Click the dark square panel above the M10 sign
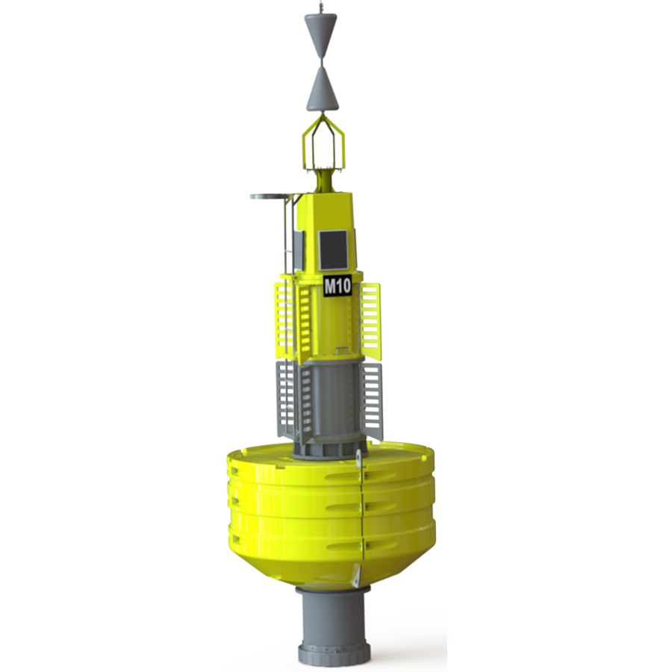coord(333,250)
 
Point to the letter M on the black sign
coord(329,286)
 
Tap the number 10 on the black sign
coord(343,286)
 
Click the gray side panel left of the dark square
coord(299,250)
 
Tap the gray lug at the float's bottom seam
coord(357,575)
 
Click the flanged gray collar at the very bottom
coord(334,653)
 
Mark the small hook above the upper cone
coord(320,6)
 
